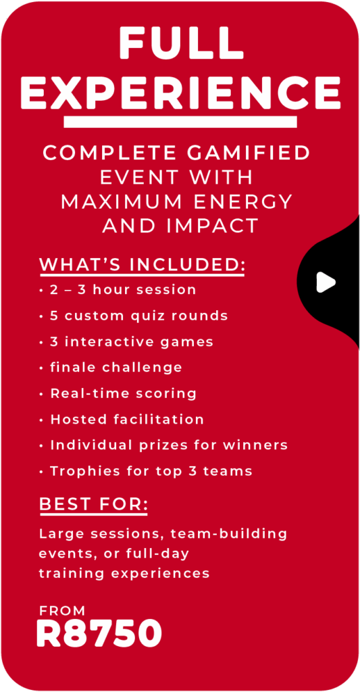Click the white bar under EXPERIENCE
click(x=180, y=122)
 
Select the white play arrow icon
click(x=326, y=282)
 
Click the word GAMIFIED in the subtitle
click(x=249, y=153)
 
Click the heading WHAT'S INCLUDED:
click(x=142, y=265)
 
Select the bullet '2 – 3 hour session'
click(x=118, y=291)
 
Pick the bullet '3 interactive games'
click(x=126, y=342)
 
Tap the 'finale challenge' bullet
click(x=111, y=368)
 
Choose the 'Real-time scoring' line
click(x=118, y=393)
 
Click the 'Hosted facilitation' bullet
click(x=122, y=419)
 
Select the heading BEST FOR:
click(x=93, y=505)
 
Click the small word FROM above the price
click(x=62, y=611)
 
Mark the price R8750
click(x=100, y=633)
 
